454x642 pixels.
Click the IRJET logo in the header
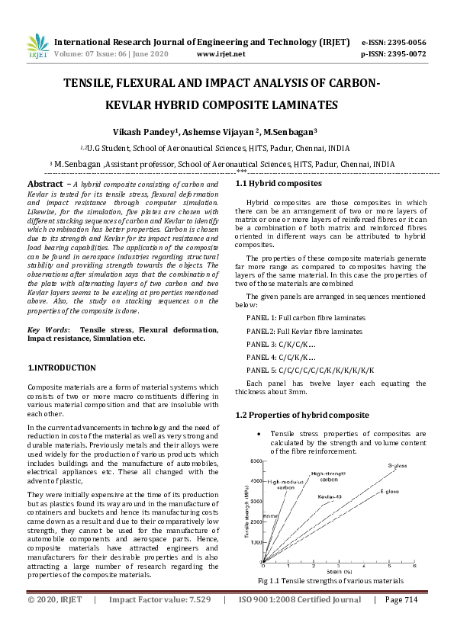click(x=36, y=47)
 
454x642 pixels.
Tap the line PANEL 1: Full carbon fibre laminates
click(x=306, y=316)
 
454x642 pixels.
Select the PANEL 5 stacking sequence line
click(x=321, y=370)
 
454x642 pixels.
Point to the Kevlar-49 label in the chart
click(x=331, y=496)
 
